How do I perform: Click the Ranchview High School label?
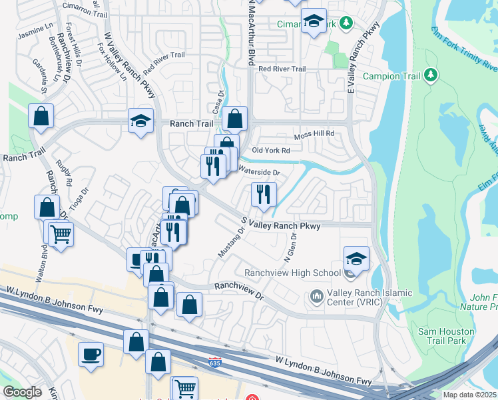[x=292, y=273]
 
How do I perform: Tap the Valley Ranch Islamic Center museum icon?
[x=317, y=294]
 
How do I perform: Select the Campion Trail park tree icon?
[x=431, y=75]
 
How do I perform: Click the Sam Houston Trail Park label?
[x=446, y=336]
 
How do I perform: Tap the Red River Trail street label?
[x=282, y=69]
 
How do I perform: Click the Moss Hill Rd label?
[x=314, y=135]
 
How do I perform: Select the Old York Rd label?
[x=271, y=151]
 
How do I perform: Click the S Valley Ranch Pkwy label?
[x=280, y=226]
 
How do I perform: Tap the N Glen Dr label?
[x=290, y=251]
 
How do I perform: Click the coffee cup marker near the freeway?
[x=91, y=354]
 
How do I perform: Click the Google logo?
[x=22, y=392]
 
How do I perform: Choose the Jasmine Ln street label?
[x=35, y=30]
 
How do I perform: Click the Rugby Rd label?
[x=64, y=172]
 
